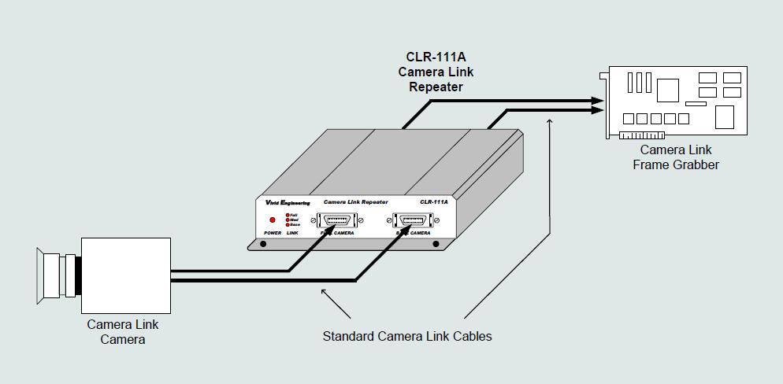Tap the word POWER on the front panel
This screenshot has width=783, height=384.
[x=273, y=234]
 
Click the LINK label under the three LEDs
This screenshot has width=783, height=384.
[x=292, y=234]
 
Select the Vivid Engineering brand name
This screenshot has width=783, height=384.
[x=288, y=202]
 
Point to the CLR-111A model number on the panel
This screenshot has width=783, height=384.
[x=433, y=202]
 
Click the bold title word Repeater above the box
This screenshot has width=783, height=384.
[x=436, y=87]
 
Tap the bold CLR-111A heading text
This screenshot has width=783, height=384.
[x=436, y=57]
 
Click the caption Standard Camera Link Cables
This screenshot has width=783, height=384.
[x=406, y=336]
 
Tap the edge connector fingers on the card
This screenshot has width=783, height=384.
[x=641, y=135]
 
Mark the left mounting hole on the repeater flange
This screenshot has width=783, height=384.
[x=263, y=244]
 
